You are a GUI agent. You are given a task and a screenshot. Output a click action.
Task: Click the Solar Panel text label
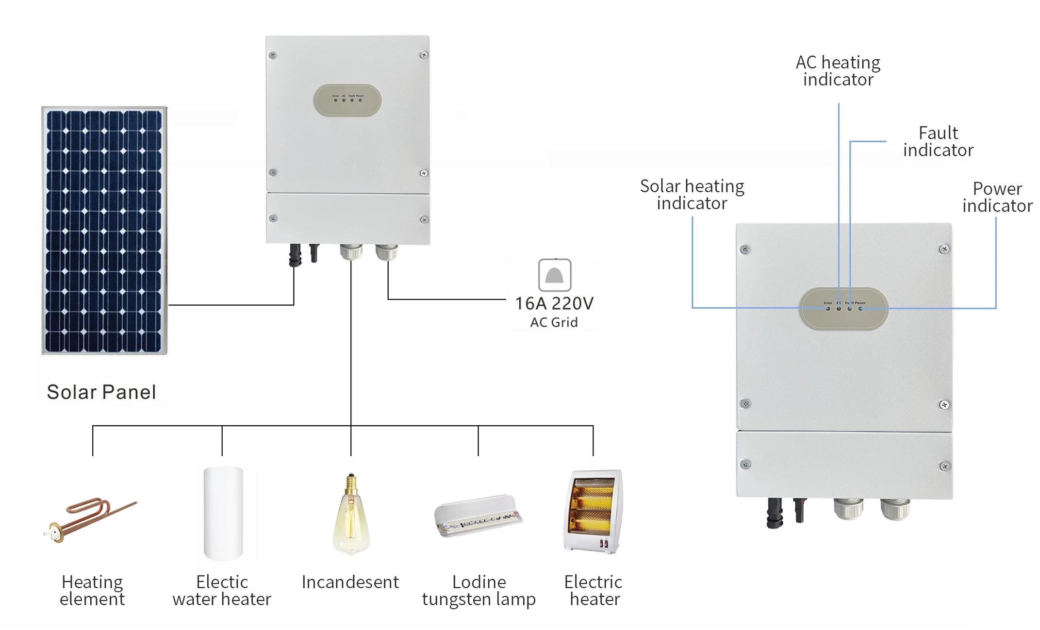(101, 392)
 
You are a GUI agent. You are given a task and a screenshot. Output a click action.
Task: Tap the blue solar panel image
(104, 231)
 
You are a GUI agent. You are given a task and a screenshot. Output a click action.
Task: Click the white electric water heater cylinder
(223, 514)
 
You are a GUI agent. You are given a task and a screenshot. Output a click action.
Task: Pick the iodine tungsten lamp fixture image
(478, 515)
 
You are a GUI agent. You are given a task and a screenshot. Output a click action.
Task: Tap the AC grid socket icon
(554, 275)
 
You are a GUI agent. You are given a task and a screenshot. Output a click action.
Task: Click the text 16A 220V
(554, 304)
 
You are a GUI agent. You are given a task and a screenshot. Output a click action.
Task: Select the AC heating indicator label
(838, 71)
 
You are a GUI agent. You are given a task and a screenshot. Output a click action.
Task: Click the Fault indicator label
(938, 141)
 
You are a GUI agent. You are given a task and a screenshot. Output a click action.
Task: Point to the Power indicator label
(997, 197)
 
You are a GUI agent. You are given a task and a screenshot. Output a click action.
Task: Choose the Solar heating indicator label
(692, 195)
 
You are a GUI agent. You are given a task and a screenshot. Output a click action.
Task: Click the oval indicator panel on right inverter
(843, 309)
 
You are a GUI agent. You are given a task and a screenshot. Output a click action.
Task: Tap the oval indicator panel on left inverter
(347, 100)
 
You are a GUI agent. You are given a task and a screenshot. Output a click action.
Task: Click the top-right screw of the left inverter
(423, 55)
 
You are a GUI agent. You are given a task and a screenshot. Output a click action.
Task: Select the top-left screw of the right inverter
(745, 250)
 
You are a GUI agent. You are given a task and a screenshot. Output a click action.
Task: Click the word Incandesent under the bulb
(350, 582)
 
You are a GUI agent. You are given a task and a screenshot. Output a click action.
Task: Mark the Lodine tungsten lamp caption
(479, 590)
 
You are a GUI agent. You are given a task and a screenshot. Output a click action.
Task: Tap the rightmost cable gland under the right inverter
(895, 509)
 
